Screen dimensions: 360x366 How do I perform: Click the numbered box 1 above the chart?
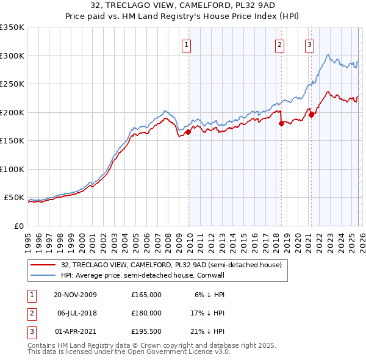click(x=186, y=44)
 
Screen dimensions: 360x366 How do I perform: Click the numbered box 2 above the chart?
click(x=279, y=44)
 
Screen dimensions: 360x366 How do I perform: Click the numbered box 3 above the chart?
click(x=309, y=44)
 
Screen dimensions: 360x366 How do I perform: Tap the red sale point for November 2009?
click(x=188, y=132)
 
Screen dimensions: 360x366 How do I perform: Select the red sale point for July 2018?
click(x=281, y=123)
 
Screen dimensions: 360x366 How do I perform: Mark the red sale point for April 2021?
click(x=310, y=114)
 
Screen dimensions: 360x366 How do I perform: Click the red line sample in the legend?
click(x=43, y=265)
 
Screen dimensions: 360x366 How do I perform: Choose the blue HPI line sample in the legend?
click(x=43, y=275)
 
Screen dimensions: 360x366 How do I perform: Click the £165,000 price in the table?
click(x=146, y=295)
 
